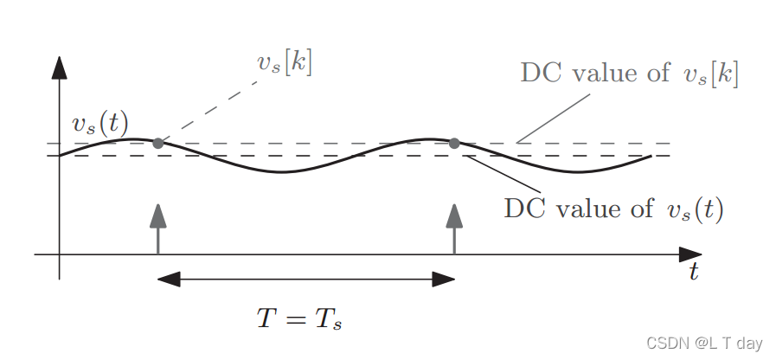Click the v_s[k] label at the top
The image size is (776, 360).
tap(285, 62)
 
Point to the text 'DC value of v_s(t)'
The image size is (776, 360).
tap(613, 209)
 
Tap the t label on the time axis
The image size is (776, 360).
tap(694, 272)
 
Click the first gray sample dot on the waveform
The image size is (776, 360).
tap(157, 143)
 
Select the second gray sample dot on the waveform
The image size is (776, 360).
tap(454, 143)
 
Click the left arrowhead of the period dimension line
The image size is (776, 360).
tap(169, 279)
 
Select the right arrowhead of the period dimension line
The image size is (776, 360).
tap(443, 279)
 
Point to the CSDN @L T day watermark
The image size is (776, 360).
tap(705, 344)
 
